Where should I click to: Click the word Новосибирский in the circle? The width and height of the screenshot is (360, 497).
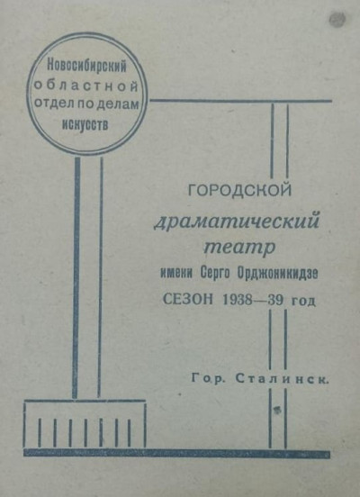click(x=86, y=67)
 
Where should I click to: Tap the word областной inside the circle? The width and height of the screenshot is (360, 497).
click(x=86, y=86)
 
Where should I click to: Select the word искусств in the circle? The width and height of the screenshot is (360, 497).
click(x=85, y=124)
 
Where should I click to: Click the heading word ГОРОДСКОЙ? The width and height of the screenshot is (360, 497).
click(x=239, y=190)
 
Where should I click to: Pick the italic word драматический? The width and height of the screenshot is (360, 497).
click(x=237, y=221)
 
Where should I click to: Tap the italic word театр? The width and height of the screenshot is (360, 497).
click(x=238, y=247)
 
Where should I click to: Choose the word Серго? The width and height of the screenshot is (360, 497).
click(x=215, y=273)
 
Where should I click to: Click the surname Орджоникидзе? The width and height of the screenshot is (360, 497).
click(x=277, y=273)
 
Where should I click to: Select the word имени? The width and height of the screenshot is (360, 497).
click(x=176, y=273)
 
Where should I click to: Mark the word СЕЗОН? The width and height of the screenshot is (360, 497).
click(x=188, y=299)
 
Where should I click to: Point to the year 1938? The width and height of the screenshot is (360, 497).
click(x=238, y=300)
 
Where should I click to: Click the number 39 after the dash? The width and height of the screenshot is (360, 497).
click(x=275, y=300)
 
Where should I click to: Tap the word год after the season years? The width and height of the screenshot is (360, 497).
click(x=303, y=301)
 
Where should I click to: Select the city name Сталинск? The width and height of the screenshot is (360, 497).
click(x=282, y=378)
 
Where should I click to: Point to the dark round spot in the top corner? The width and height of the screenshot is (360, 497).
click(x=337, y=19)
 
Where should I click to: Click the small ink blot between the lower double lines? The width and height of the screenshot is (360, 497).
click(x=277, y=410)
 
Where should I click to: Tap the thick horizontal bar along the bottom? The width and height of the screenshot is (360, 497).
click(x=176, y=453)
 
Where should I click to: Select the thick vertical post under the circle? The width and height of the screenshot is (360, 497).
click(x=76, y=277)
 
